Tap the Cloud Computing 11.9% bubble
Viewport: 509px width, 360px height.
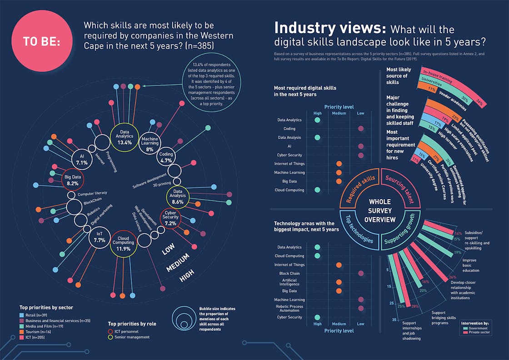tap(124, 244)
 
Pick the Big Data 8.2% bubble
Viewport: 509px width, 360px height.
tap(72, 180)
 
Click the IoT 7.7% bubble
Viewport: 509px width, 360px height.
tap(99, 237)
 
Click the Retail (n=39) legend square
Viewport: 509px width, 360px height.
tap(21, 315)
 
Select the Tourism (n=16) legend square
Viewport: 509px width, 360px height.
tap(21, 332)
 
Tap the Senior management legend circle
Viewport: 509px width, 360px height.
tap(111, 337)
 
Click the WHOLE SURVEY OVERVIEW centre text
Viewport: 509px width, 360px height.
tap(379, 210)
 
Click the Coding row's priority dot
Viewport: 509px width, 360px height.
tap(361, 129)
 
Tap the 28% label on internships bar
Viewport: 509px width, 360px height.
tap(414, 306)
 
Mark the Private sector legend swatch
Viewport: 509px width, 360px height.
tap(466, 333)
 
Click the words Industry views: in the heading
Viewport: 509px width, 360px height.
tap(330, 29)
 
